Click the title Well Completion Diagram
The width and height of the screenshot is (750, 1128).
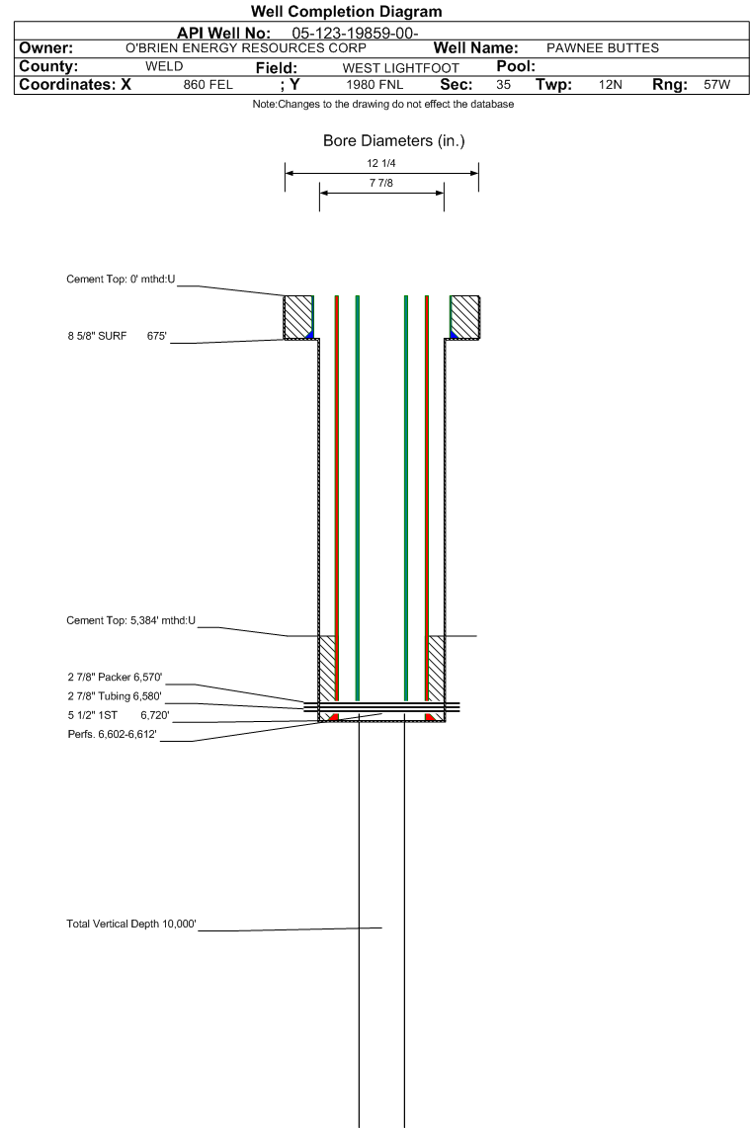point(346,12)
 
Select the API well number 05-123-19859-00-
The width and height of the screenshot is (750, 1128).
point(356,34)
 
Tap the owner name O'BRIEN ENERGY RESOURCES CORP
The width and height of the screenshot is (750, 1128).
point(246,48)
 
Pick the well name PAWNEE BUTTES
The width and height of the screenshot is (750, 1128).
point(603,48)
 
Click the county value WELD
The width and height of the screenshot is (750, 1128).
point(164,66)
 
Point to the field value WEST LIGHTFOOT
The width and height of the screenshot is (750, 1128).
point(401,67)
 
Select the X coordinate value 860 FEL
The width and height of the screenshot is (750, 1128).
point(208,85)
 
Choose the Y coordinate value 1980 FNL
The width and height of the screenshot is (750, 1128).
point(375,85)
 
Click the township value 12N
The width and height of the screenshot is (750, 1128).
point(611,85)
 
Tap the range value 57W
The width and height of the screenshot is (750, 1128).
point(716,85)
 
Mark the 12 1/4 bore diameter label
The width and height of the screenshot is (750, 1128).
point(381,163)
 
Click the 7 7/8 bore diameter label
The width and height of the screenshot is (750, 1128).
point(381,183)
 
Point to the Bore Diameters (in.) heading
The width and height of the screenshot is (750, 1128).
point(393,141)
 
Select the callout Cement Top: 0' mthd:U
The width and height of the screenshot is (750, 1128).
point(121,280)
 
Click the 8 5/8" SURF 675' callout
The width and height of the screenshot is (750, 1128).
point(118,336)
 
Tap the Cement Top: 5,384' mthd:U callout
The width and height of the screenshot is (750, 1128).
point(131,620)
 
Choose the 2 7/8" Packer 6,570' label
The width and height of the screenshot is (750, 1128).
point(116,677)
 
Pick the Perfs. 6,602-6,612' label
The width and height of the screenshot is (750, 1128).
point(113,735)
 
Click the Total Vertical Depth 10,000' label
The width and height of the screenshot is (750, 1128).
point(131,924)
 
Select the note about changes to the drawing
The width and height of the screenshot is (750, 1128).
point(383,105)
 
